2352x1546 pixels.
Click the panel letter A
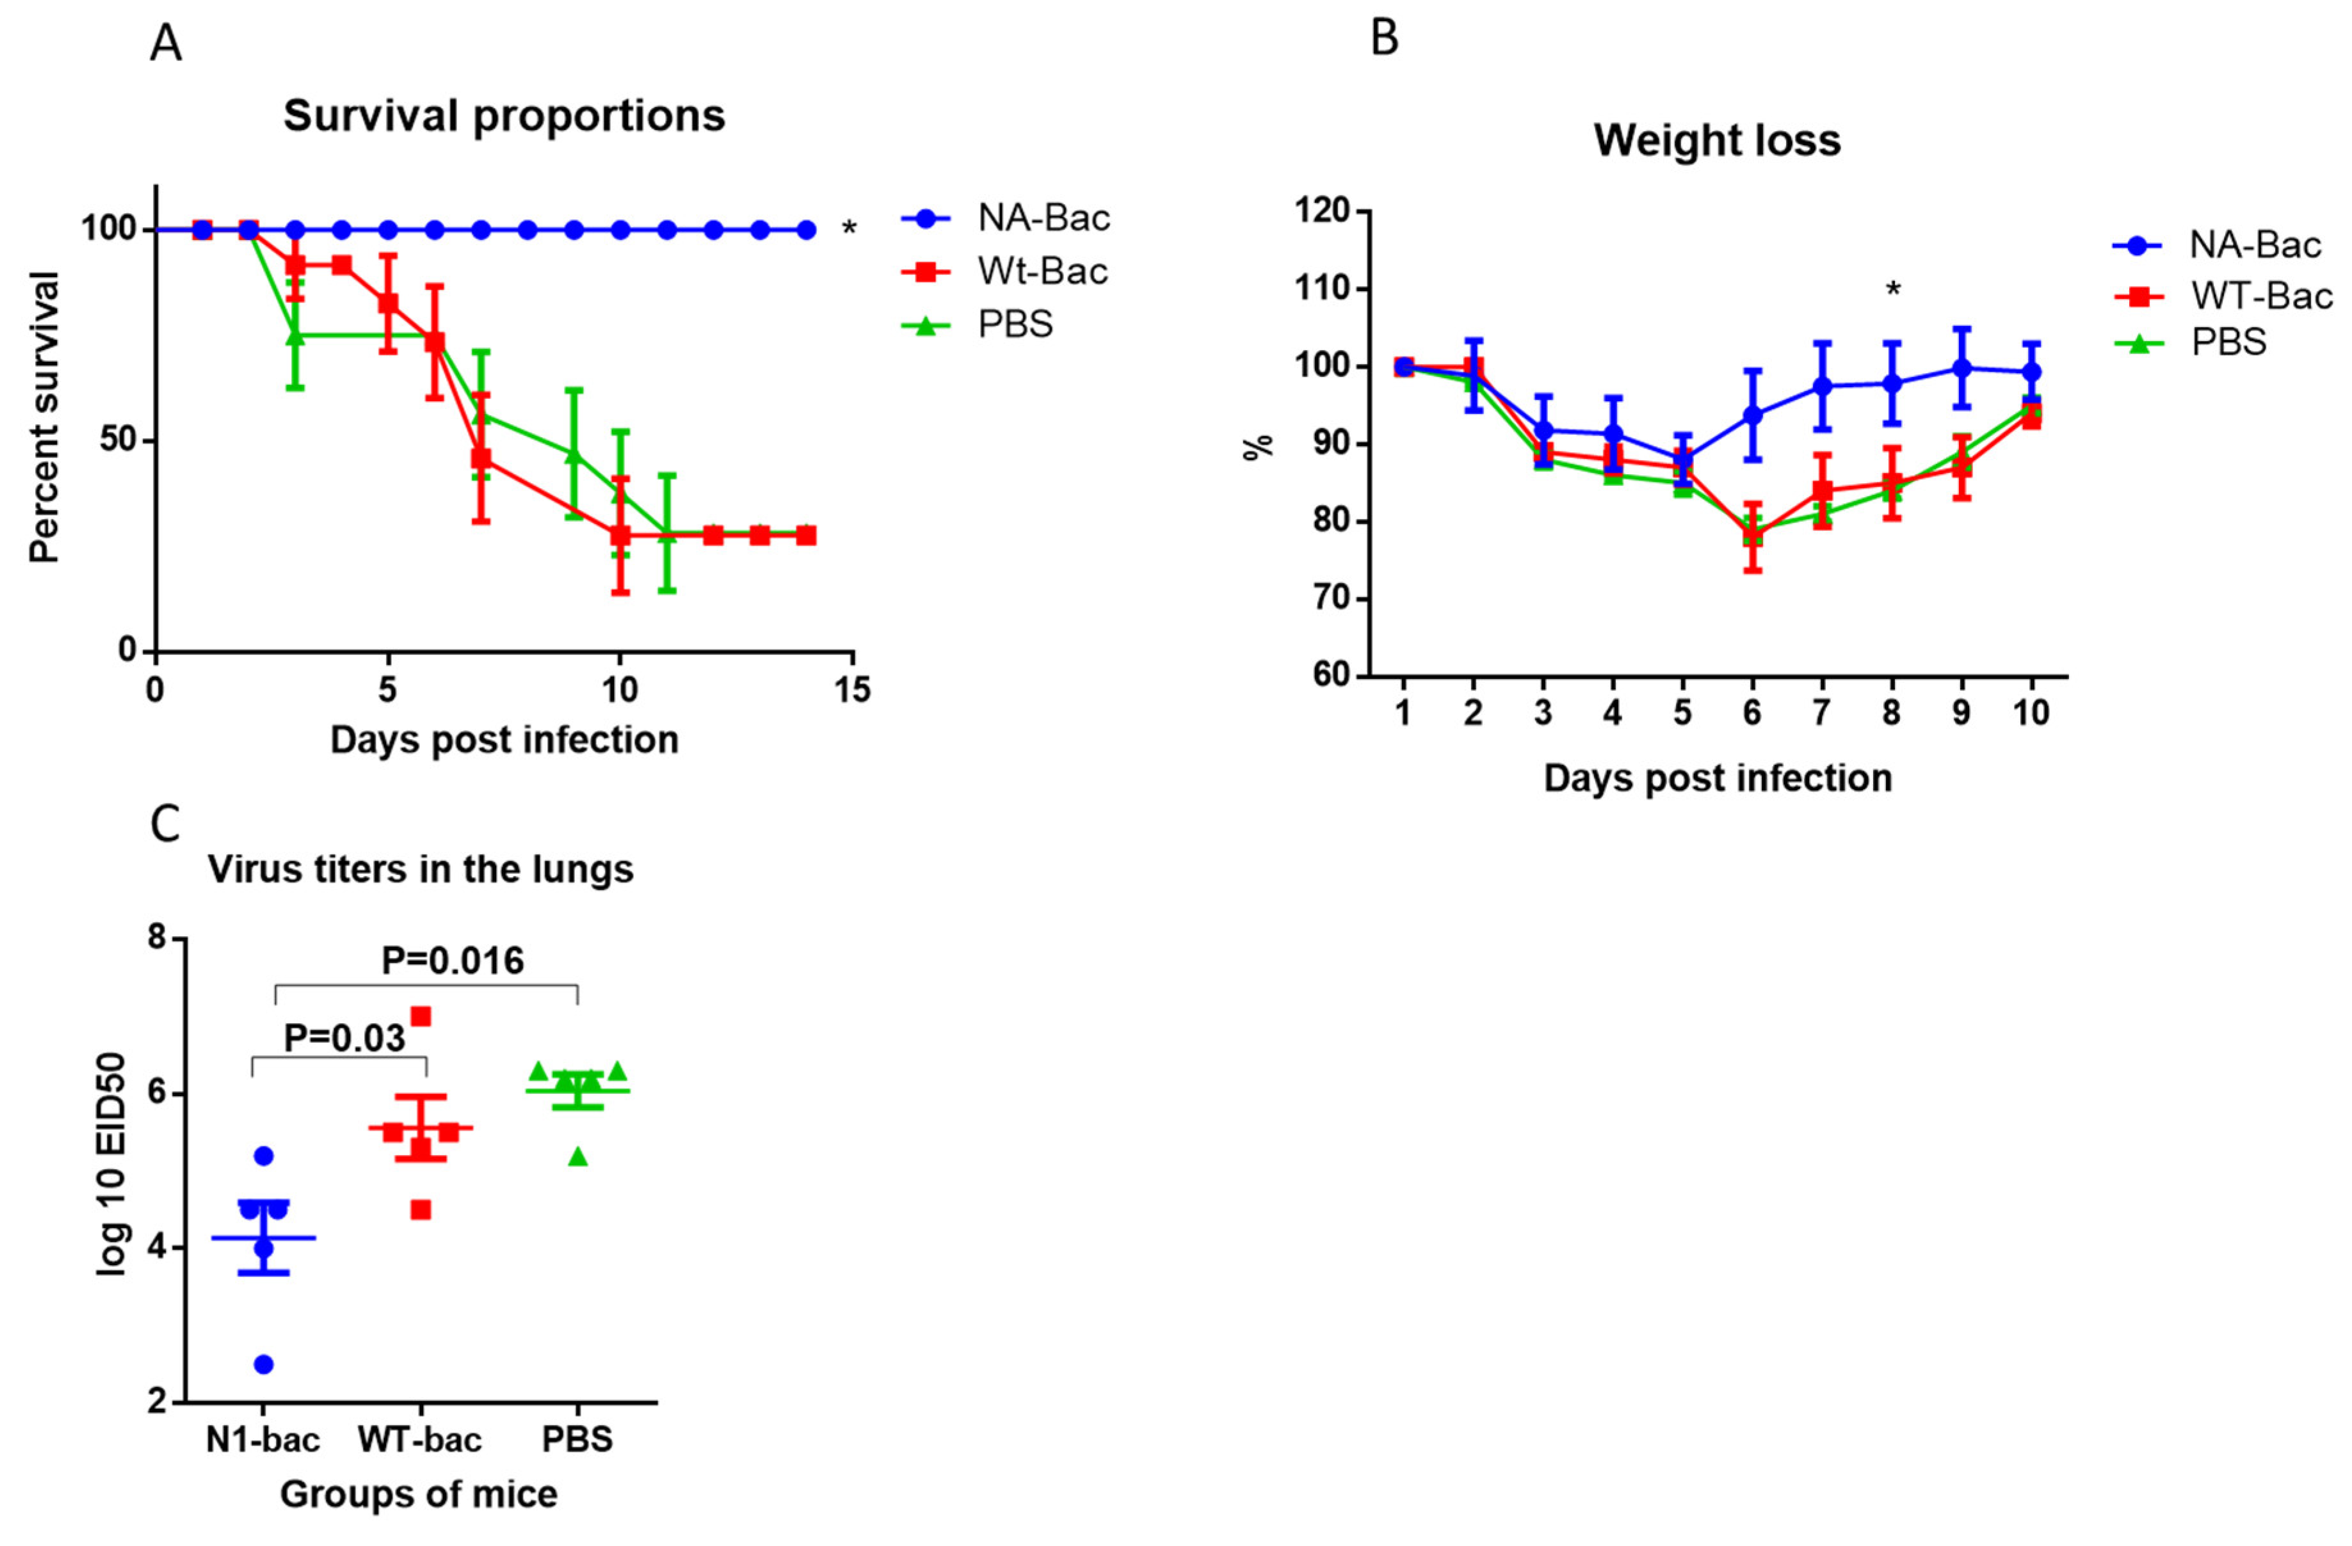(166, 44)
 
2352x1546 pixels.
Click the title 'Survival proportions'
(504, 116)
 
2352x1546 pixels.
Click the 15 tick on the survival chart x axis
(852, 690)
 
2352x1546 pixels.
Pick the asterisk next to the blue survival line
(849, 229)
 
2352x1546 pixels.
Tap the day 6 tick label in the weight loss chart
(1752, 712)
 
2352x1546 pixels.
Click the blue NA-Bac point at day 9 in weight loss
(1961, 369)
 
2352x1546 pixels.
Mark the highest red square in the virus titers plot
(421, 1017)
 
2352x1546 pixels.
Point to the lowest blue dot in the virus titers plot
(264, 1364)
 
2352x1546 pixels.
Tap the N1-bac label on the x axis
(263, 1439)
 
